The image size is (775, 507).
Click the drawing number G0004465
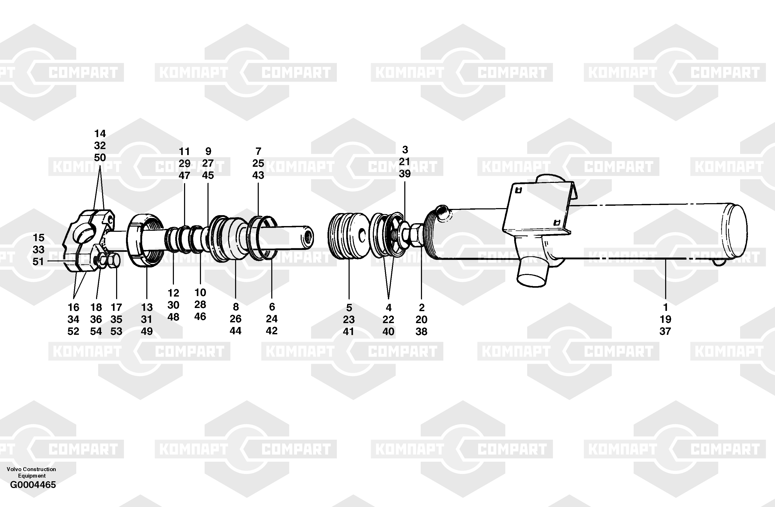pyautogui.click(x=33, y=485)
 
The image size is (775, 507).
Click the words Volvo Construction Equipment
pyautogui.click(x=31, y=472)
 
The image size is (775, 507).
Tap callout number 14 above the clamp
pyautogui.click(x=100, y=133)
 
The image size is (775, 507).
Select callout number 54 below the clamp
pyautogui.click(x=96, y=331)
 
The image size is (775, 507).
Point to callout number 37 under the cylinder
pyautogui.click(x=665, y=331)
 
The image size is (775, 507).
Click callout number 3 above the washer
pyautogui.click(x=405, y=150)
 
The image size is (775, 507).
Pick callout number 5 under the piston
pyautogui.click(x=349, y=307)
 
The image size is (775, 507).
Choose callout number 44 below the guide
pyautogui.click(x=235, y=331)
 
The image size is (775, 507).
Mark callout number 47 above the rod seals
pyautogui.click(x=184, y=175)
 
